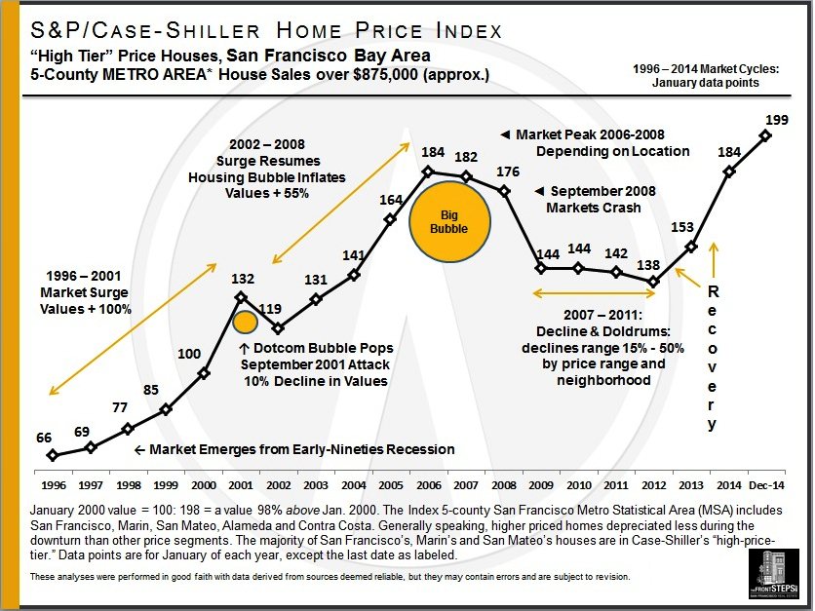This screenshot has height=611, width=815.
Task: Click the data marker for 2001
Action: [x=241, y=296]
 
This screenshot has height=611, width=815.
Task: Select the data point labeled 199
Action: [x=765, y=135]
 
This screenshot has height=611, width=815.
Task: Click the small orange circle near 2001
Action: [x=245, y=323]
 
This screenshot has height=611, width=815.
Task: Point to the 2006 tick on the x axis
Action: [x=427, y=484]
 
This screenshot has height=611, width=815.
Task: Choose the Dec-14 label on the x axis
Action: [x=765, y=484]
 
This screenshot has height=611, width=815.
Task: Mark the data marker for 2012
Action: [x=653, y=283]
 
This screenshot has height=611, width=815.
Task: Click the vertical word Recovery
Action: [x=713, y=358]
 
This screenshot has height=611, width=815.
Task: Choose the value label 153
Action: [x=682, y=227]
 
